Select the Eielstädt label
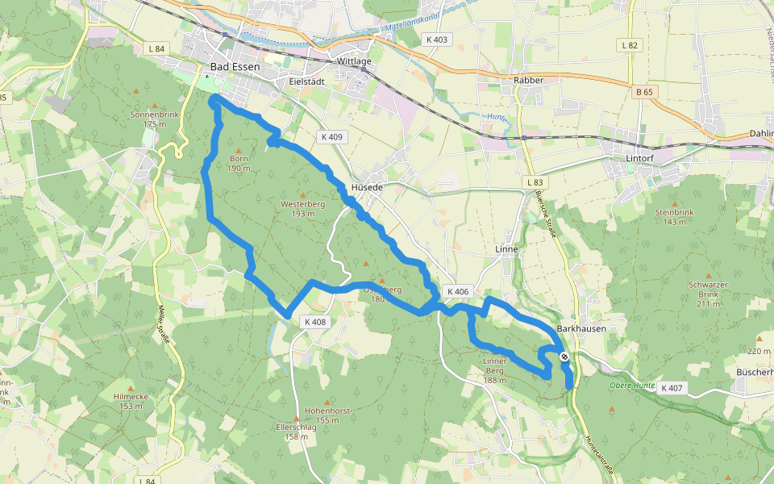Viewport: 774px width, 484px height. (306, 81)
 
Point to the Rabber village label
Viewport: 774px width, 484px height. (528, 80)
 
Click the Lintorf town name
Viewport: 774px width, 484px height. (643, 158)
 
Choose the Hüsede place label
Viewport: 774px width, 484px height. (367, 186)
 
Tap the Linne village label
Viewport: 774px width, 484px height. (506, 249)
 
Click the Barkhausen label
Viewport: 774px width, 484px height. (581, 329)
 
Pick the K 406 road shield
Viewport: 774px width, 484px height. (456, 291)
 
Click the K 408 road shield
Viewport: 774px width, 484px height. (316, 322)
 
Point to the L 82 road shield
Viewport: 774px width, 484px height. (630, 45)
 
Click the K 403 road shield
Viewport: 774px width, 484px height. (436, 39)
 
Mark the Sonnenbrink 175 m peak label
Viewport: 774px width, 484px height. (154, 119)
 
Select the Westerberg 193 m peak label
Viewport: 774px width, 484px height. (302, 208)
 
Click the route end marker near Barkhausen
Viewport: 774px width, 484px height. (564, 356)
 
